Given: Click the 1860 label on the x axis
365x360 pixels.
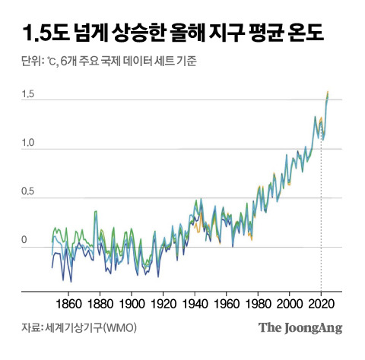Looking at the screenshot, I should tap(68, 302).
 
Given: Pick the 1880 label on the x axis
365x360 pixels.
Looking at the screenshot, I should tap(100, 302).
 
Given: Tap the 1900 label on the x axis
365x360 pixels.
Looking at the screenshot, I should tap(132, 302).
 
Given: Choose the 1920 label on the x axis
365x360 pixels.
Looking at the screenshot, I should tap(163, 302).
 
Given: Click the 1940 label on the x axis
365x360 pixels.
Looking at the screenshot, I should tap(195, 302).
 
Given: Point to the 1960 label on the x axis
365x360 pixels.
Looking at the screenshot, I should tap(227, 302).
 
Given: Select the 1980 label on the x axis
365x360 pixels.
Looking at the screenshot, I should tap(259, 302).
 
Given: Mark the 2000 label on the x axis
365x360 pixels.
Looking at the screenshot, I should tap(290, 302).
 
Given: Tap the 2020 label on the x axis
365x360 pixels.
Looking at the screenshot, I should tap(322, 302).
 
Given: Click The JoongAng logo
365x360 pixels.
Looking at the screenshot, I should tap(300, 328).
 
